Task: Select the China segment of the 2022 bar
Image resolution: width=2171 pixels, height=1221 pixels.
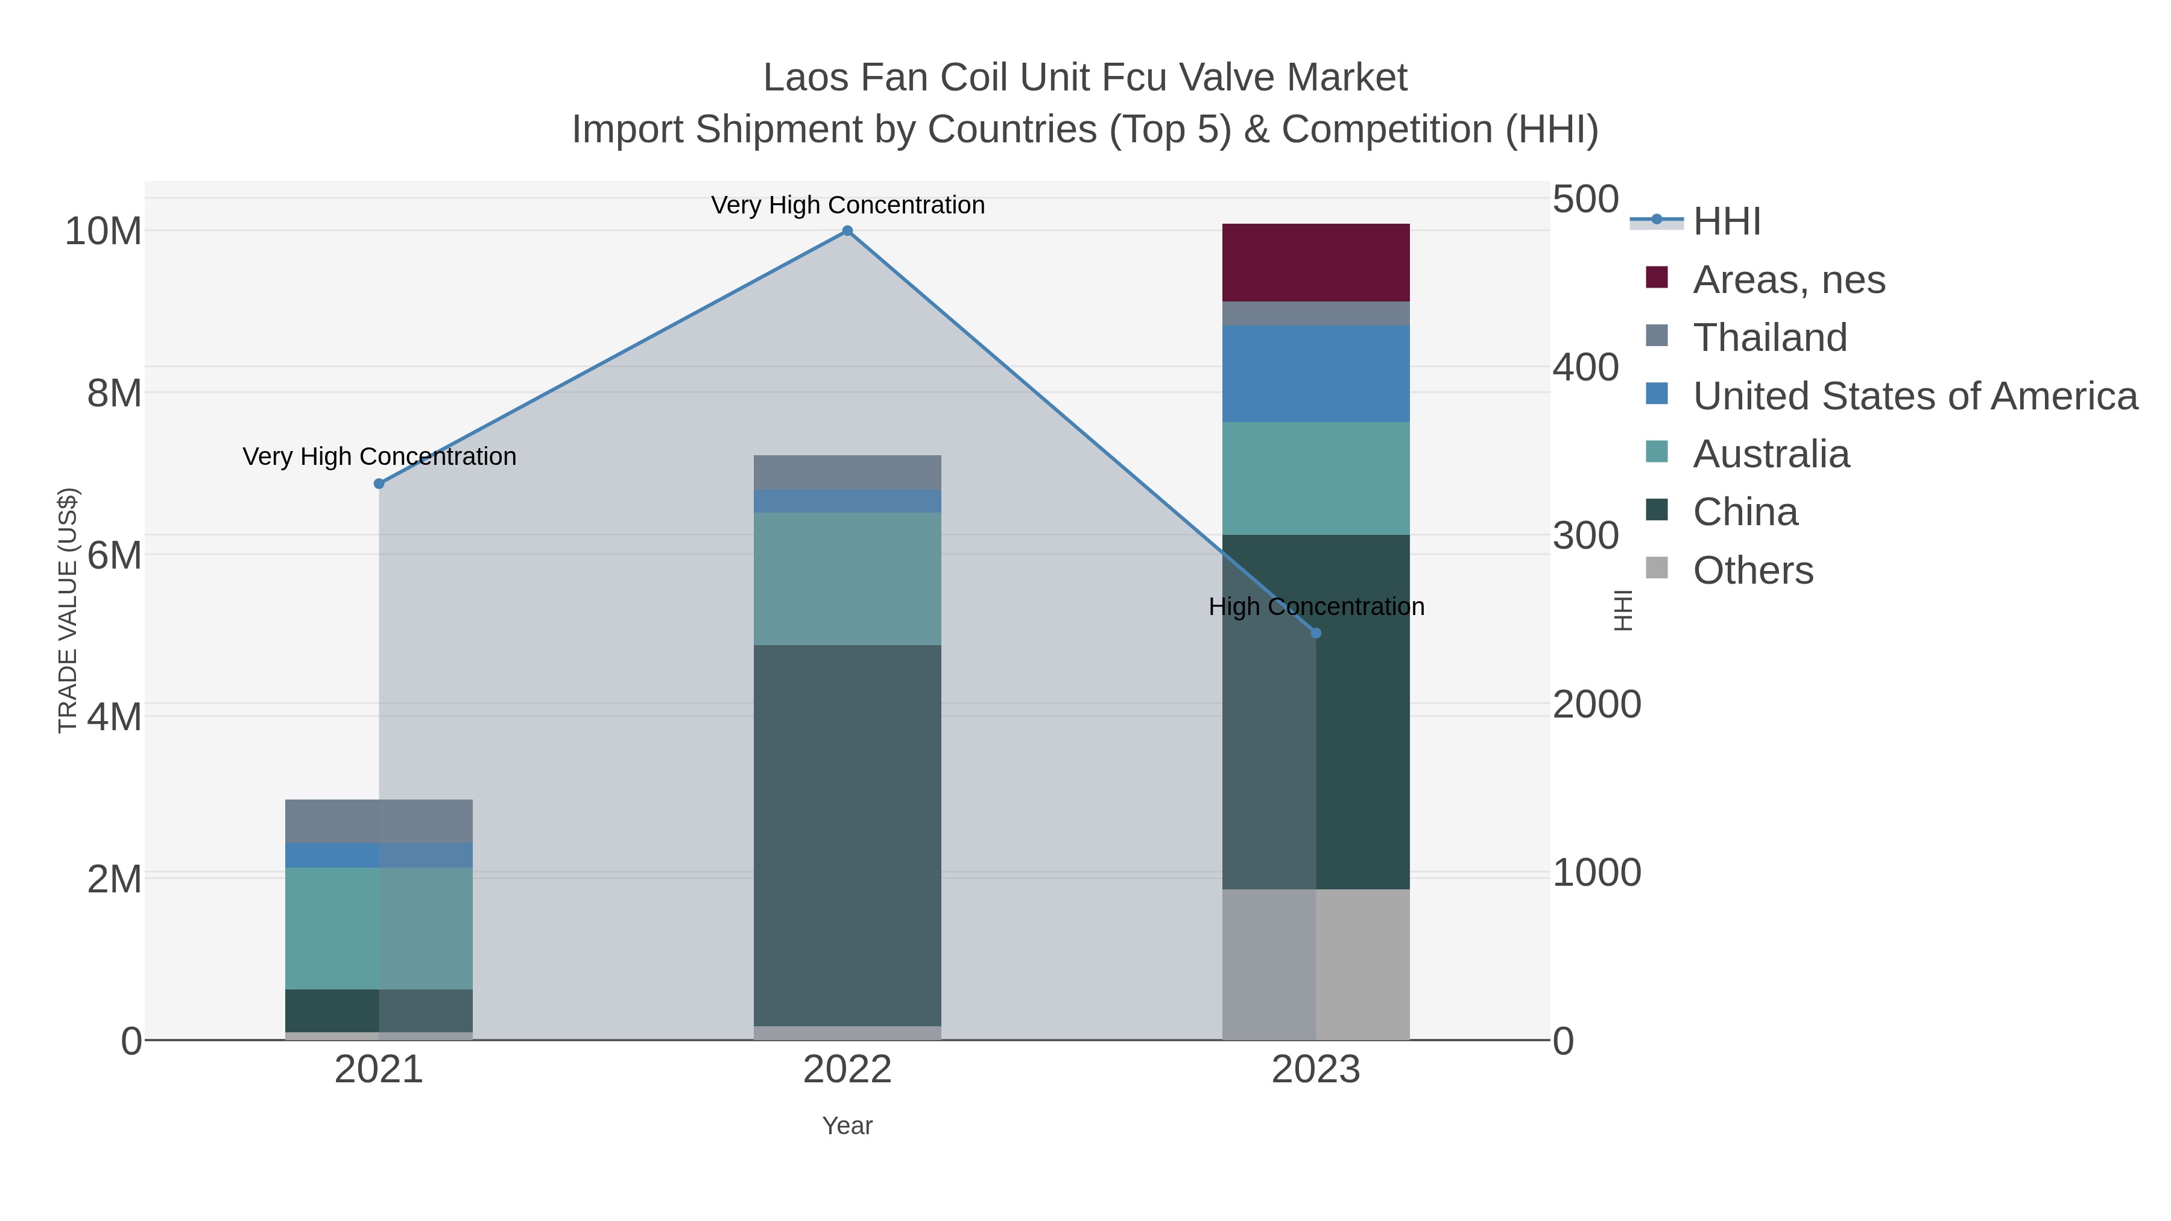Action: [847, 835]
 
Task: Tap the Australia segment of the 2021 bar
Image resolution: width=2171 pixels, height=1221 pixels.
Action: [378, 928]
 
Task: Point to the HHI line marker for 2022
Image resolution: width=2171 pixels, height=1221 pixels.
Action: [847, 231]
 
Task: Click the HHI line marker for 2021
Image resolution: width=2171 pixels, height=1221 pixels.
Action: [378, 484]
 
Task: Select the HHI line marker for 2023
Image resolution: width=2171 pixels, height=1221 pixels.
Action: [1316, 633]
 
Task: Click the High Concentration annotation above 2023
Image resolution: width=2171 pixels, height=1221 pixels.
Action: [1316, 607]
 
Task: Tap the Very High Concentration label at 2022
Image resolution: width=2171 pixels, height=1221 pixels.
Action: [847, 205]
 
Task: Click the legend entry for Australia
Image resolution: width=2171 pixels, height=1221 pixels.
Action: [1771, 453]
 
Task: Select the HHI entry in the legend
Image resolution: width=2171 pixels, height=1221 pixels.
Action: [1726, 221]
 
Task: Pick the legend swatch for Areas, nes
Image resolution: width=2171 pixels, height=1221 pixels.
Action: [1656, 278]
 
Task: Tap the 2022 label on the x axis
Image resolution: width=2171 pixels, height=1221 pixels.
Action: [847, 1070]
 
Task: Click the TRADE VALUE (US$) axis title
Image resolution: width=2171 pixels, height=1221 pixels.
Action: [68, 610]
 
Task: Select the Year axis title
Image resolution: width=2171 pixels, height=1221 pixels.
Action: [847, 1126]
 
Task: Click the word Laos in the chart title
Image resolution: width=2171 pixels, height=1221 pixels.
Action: [805, 78]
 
